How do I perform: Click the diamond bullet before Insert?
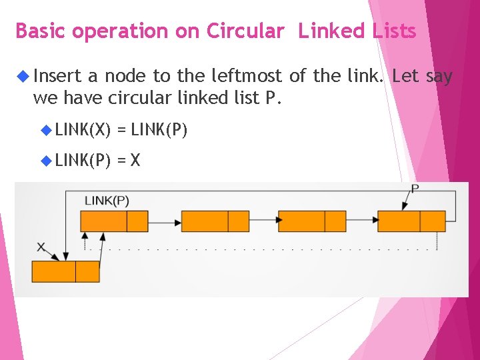[22, 77]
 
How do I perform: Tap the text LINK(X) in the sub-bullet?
[83, 129]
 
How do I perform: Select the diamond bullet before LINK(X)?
[46, 129]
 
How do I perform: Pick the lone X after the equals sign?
[135, 160]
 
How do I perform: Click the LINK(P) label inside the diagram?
[107, 200]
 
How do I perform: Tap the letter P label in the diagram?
[415, 189]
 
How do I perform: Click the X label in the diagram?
[42, 247]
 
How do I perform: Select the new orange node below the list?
[65, 271]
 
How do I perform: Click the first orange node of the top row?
[114, 221]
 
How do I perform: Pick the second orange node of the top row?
[215, 221]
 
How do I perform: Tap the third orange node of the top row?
[312, 221]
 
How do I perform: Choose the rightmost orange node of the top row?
[411, 221]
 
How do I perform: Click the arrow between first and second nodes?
[165, 221]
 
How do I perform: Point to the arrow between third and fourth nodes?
[361, 221]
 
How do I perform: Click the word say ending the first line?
[439, 77]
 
